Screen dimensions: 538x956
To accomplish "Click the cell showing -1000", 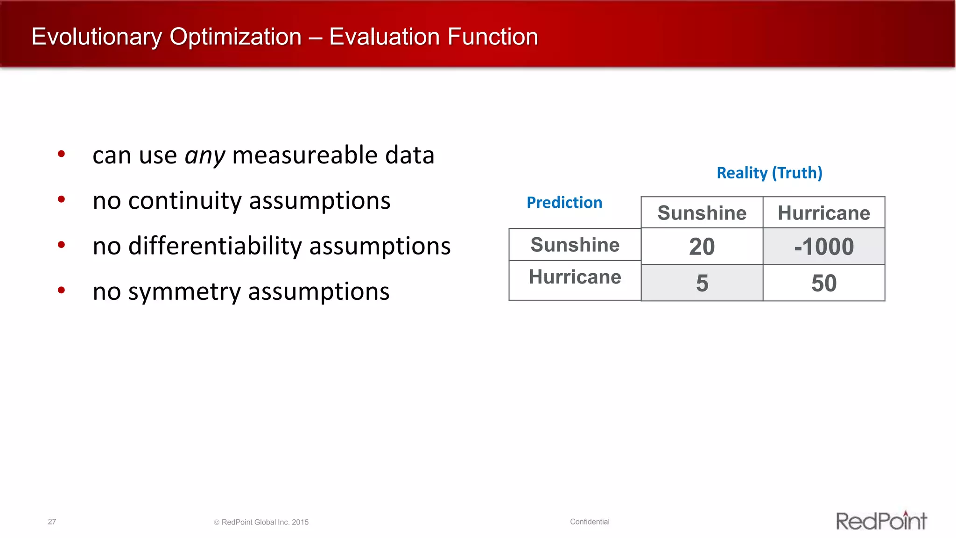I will pyautogui.click(x=824, y=247).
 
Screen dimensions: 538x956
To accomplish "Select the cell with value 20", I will pyautogui.click(x=702, y=247).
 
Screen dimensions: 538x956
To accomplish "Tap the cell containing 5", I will pyautogui.click(x=702, y=283).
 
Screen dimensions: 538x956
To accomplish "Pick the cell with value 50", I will pyautogui.click(x=824, y=283).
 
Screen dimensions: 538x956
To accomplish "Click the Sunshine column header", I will pyautogui.click(x=702, y=213).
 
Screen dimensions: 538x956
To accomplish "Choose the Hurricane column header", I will pyautogui.click(x=824, y=213).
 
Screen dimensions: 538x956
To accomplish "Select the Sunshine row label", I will pyautogui.click(x=575, y=245).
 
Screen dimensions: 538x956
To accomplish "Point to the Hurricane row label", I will pyautogui.click(x=575, y=277).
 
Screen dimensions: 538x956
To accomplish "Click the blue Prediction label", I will pyautogui.click(x=564, y=202).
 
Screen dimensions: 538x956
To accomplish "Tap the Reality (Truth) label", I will pyautogui.click(x=769, y=173).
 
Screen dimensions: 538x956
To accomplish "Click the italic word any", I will pyautogui.click(x=205, y=156).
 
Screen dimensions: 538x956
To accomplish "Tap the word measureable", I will pyautogui.click(x=305, y=155).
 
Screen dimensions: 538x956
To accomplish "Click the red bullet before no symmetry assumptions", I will pyautogui.click(x=61, y=290).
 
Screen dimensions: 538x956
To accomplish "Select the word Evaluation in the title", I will pyautogui.click(x=384, y=36).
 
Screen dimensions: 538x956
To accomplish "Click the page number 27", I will pyautogui.click(x=52, y=522).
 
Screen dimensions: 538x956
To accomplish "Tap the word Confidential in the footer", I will pyautogui.click(x=590, y=522).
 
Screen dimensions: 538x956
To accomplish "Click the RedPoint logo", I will pyautogui.click(x=881, y=521).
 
